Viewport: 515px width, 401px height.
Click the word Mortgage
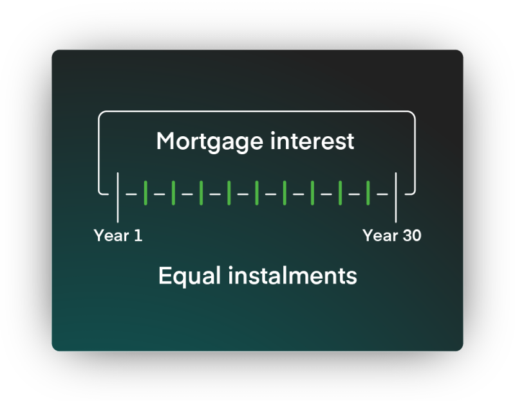coord(210,142)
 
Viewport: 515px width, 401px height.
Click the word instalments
coord(292,276)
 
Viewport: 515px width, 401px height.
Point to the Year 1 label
coord(118,235)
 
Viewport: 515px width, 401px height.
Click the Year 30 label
coord(392,235)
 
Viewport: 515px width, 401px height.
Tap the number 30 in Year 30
coord(412,235)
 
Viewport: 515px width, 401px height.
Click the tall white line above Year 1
coord(118,197)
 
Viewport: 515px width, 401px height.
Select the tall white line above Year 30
coord(396,197)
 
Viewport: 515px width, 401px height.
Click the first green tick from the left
coord(145,193)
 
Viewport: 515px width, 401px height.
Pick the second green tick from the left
coord(173,193)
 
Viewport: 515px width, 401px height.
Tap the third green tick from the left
coord(201,193)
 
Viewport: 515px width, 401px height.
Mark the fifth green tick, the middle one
coord(257,193)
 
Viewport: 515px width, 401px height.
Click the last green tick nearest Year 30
coord(368,193)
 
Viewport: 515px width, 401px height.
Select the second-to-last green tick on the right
coord(341,193)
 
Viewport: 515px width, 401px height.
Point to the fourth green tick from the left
coord(229,193)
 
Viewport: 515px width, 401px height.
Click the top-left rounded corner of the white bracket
coord(100,114)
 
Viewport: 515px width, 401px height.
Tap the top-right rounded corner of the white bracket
coord(413,114)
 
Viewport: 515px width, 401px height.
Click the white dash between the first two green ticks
coord(159,194)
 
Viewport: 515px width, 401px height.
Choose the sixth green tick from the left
coord(285,193)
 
